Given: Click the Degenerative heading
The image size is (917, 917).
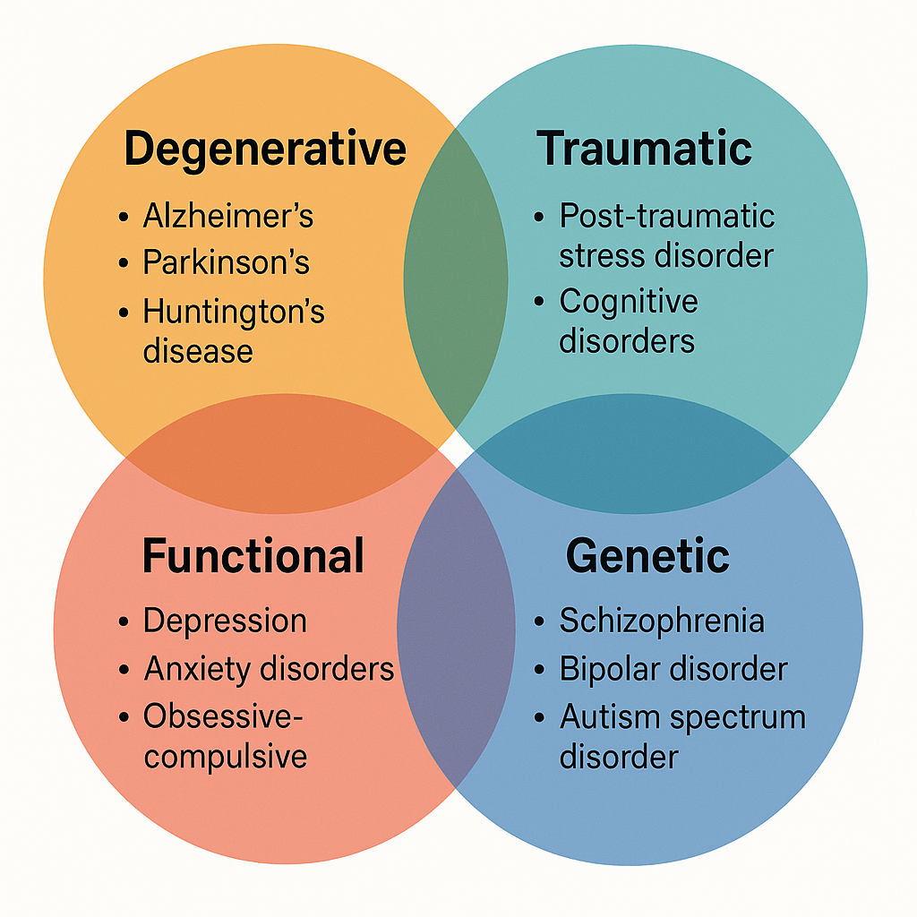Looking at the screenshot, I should (265, 149).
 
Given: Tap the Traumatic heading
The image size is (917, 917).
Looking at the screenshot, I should (644, 149).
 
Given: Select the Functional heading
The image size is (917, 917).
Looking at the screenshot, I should (253, 556).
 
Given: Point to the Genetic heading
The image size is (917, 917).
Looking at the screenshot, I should (647, 556).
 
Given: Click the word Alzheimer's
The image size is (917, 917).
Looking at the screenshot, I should (228, 216).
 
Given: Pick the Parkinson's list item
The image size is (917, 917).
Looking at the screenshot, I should (227, 262).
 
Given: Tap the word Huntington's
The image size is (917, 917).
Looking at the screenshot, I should (234, 312).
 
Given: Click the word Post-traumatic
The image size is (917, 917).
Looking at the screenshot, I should (667, 216).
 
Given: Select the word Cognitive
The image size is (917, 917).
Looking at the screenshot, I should (629, 302).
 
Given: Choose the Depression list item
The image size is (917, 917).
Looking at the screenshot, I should (225, 621).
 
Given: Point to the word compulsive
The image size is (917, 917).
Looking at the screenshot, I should (226, 757).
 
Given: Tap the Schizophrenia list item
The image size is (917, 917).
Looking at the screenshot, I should (662, 621).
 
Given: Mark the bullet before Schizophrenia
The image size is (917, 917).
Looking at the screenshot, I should (539, 621).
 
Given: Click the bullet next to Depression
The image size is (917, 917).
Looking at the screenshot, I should (124, 621).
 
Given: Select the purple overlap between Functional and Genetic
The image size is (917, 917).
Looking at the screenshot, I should (456, 627).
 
